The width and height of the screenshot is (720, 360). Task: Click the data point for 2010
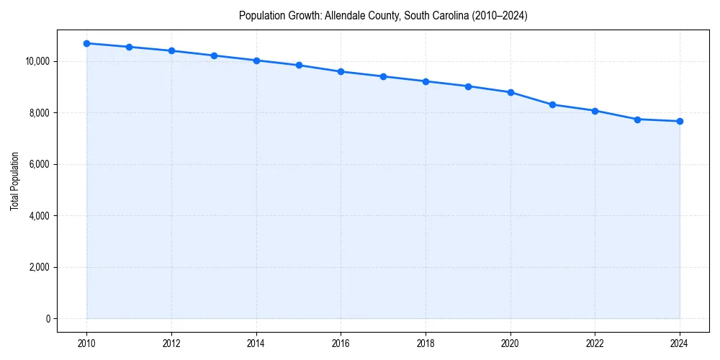(x=86, y=43)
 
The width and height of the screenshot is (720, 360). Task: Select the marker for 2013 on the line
(x=214, y=55)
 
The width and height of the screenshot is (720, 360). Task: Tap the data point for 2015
(x=299, y=65)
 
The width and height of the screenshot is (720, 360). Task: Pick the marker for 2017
(x=383, y=76)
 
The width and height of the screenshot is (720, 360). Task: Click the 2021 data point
(x=552, y=104)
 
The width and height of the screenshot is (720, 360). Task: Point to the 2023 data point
(x=637, y=120)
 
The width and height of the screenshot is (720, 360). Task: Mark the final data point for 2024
(x=680, y=121)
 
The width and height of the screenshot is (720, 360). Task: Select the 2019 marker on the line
(x=468, y=86)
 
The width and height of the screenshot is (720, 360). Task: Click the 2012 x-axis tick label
(x=171, y=343)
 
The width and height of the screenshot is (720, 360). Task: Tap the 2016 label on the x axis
(x=341, y=343)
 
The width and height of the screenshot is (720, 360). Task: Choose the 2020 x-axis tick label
(x=510, y=343)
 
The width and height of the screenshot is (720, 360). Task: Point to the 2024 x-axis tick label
(x=680, y=343)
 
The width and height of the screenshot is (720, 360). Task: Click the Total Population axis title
(x=14, y=181)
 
